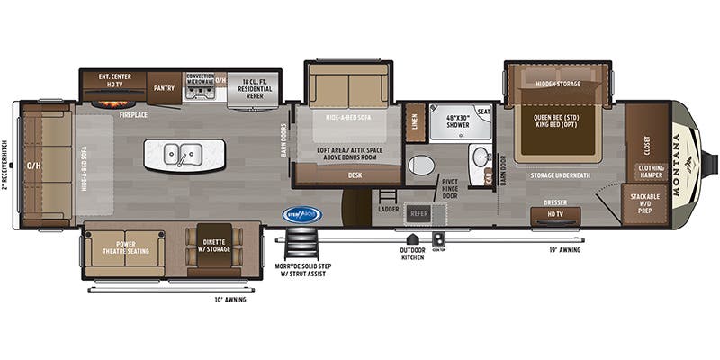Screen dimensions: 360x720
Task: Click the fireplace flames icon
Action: [112, 103]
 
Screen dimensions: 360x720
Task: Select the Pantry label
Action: [164, 88]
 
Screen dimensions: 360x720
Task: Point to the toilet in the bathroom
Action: [420, 165]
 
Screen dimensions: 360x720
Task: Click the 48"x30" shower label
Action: [458, 121]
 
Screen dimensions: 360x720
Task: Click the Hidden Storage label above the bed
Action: [558, 84]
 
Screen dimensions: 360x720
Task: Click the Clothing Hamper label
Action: [652, 171]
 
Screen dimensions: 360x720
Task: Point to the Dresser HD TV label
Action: [555, 210]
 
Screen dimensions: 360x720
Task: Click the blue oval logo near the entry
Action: [302, 214]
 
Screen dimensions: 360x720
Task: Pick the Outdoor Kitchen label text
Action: [413, 253]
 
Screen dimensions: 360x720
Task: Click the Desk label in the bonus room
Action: [355, 175]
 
